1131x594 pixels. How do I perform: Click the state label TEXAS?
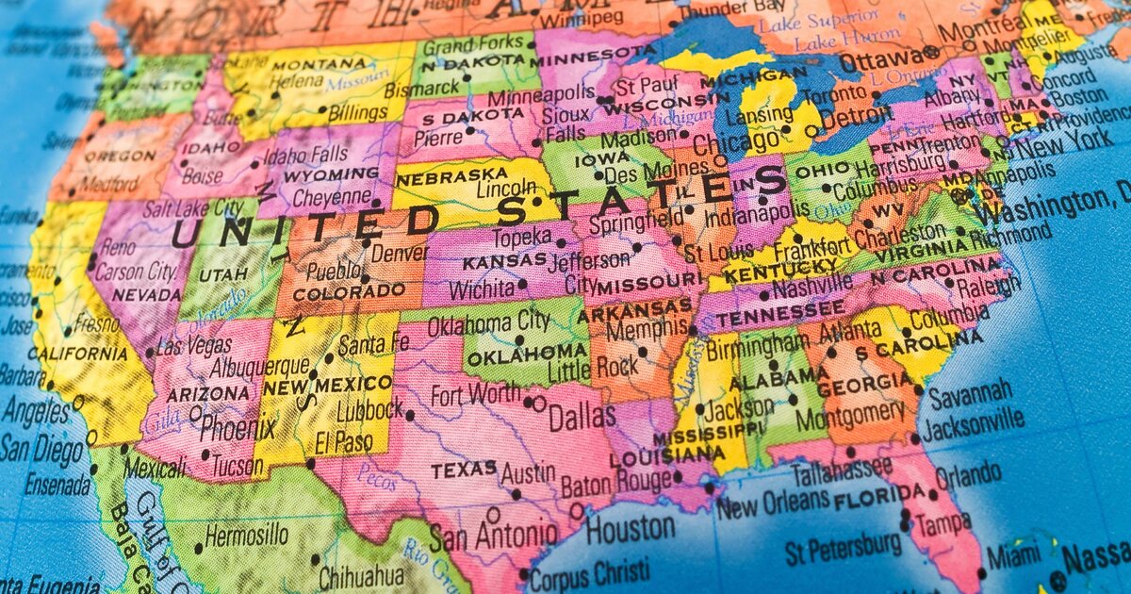pos(464,469)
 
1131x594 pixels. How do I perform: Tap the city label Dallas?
pos(582,416)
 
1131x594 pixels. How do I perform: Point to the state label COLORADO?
pos(348,293)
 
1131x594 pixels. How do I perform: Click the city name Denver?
pos(399,253)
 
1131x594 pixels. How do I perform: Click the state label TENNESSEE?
pos(779,314)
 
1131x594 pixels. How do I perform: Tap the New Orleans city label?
pos(772,506)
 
